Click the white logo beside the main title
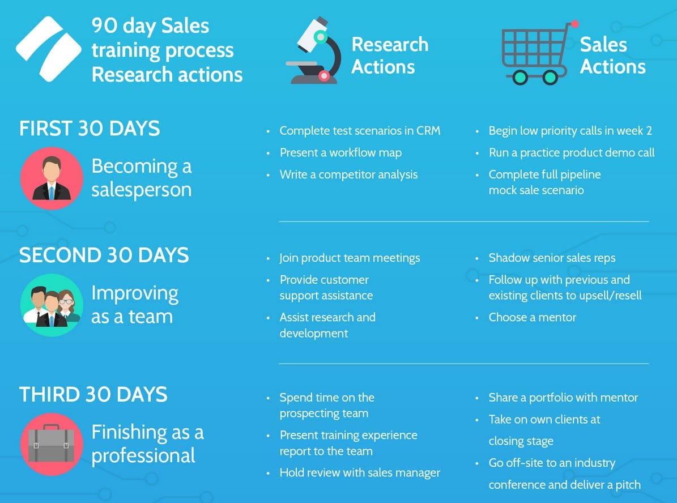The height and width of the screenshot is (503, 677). pos(47,48)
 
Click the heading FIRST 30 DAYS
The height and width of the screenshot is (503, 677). pos(90,129)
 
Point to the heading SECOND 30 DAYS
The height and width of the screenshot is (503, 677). pos(104,255)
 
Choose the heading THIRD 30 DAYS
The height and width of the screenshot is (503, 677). pos(93,394)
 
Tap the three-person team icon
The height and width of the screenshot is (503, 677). pos(51,304)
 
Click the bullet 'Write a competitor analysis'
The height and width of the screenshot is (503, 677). pos(348,174)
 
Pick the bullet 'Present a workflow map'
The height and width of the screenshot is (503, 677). pos(340,153)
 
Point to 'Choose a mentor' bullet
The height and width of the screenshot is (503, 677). pos(532,317)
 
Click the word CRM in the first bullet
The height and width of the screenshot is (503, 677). pos(428,131)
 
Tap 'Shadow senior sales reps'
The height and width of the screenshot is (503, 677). pos(552,258)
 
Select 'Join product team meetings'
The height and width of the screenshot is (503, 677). pos(350,258)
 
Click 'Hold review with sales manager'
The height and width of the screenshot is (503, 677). pos(360,472)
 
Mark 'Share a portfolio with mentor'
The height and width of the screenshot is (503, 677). pos(563,398)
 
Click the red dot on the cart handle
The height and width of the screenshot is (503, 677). pos(575,24)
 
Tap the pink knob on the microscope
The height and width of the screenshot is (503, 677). pos(324,75)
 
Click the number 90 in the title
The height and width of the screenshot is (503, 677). pos(104,25)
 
